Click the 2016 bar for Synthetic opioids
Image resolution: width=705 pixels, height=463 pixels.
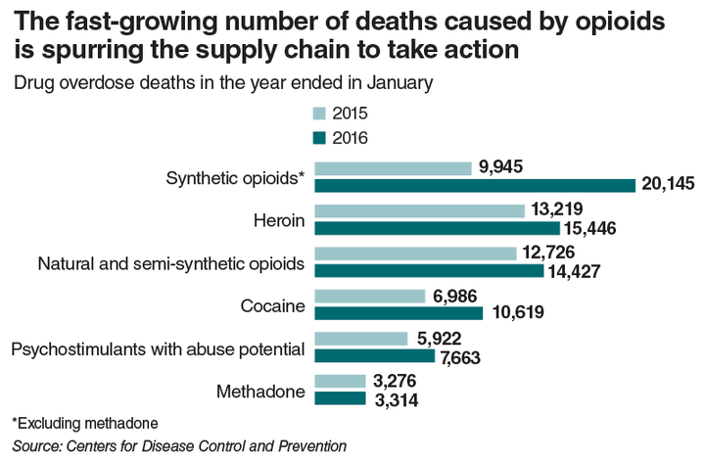tap(475, 185)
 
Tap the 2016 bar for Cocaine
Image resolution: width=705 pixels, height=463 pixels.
tap(399, 313)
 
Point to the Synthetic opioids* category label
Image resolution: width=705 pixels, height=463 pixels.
tap(235, 178)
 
